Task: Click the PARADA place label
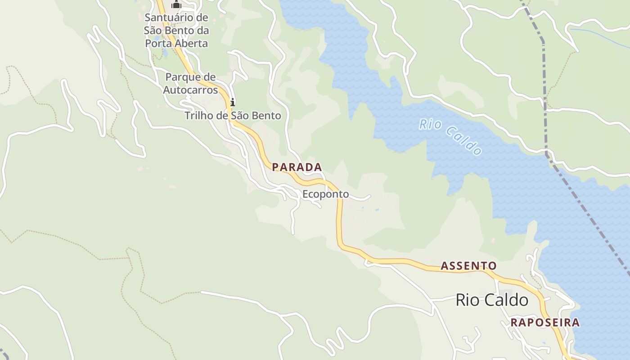(297, 167)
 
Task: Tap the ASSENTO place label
(468, 266)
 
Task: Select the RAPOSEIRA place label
(545, 323)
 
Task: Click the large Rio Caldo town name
(492, 300)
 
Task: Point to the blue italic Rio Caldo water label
(450, 136)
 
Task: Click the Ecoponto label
(325, 194)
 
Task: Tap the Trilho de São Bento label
(233, 116)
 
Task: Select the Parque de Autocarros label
(190, 83)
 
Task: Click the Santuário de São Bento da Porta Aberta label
(176, 31)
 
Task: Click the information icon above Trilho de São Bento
(232, 102)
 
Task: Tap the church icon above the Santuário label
(176, 4)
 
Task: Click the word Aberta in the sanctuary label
(192, 44)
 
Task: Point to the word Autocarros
(190, 90)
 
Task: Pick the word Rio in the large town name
(466, 300)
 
